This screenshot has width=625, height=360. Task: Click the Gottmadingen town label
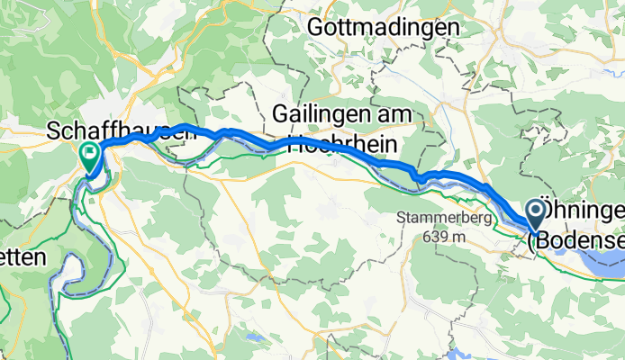383,28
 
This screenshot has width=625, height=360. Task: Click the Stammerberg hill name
431,218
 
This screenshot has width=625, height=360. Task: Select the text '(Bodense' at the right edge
576,239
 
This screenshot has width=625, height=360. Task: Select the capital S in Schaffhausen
55,132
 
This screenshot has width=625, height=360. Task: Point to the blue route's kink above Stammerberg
421,178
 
